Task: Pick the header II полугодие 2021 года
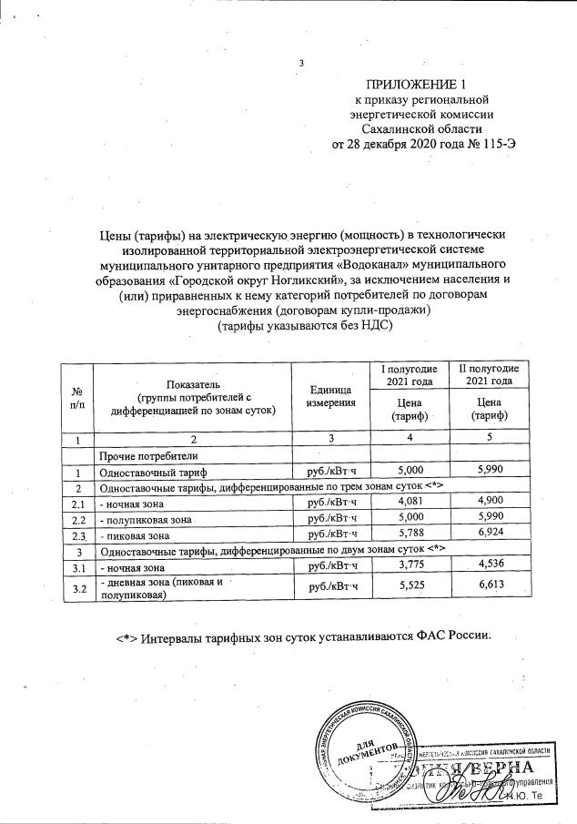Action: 488,373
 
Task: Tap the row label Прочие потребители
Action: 148,454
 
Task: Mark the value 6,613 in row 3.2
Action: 491,589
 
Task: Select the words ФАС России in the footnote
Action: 452,636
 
